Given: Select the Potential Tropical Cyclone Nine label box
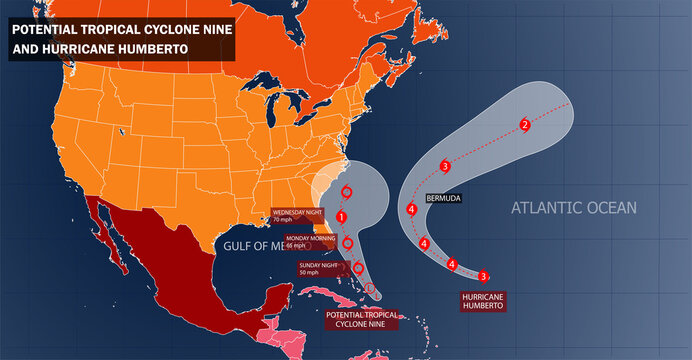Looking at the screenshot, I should (361, 319).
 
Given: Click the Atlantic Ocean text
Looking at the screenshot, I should (573, 208).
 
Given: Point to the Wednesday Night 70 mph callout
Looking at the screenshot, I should (303, 215).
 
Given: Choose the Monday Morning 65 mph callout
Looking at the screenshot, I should (310, 242).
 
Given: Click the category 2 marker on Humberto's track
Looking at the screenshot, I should (525, 125).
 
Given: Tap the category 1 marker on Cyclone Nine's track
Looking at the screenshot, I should (342, 217).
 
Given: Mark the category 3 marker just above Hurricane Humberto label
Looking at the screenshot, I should (483, 276).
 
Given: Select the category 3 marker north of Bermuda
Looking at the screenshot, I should (445, 165).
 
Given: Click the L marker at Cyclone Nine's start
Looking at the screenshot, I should (369, 289).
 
